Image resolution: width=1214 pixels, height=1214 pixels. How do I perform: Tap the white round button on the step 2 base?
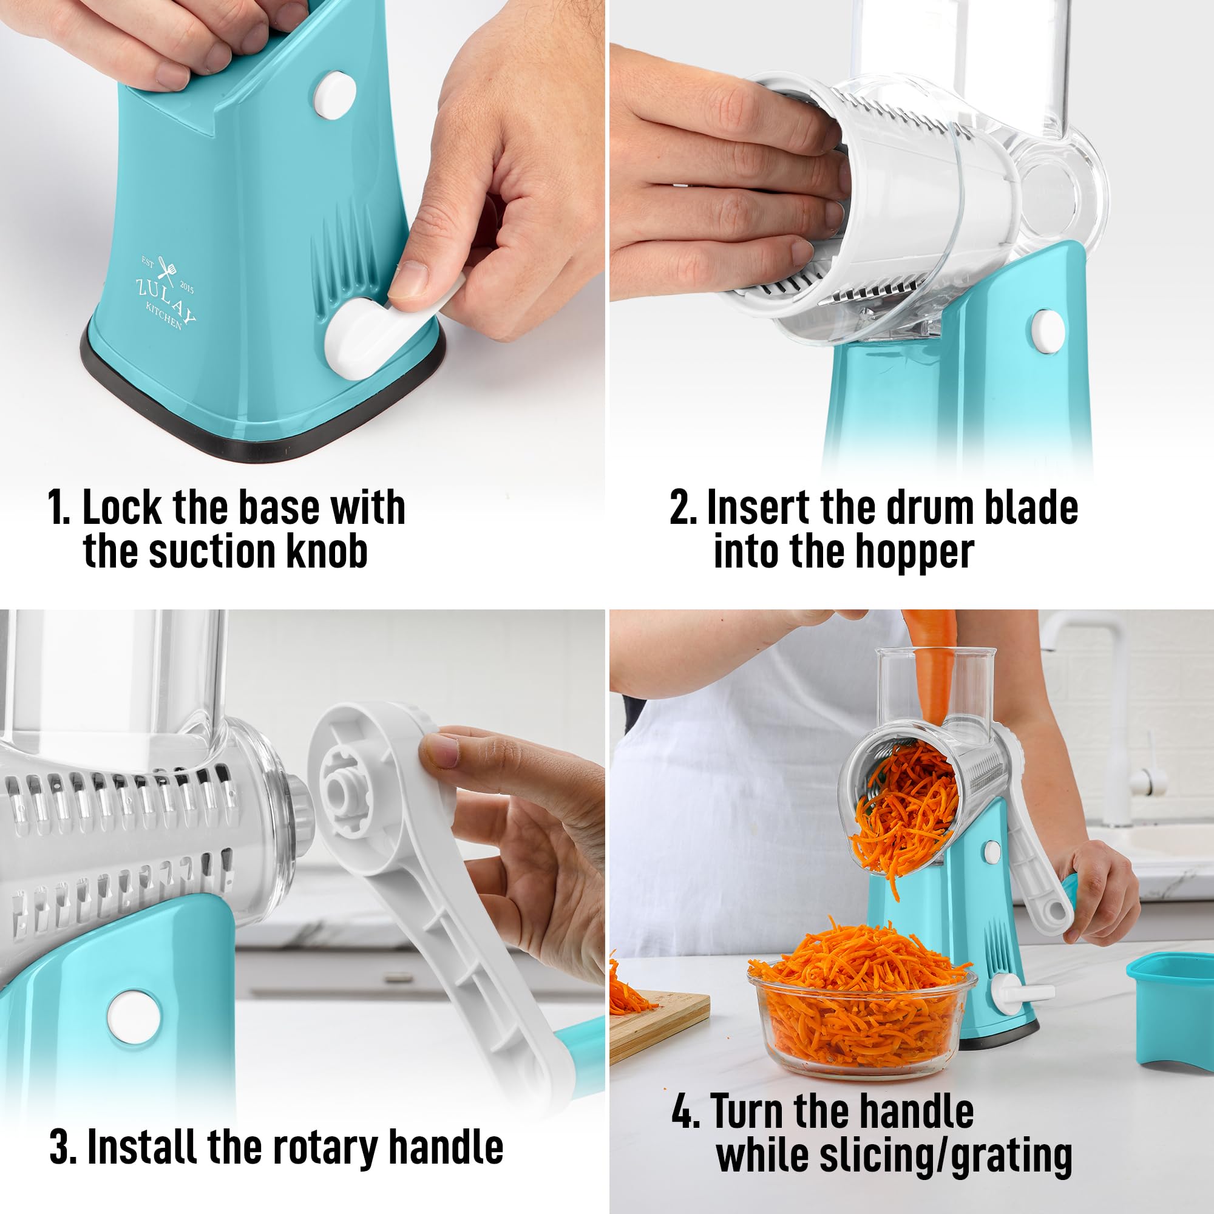pos(1048,329)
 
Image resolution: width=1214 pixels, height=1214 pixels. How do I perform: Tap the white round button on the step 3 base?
pos(131,1017)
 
